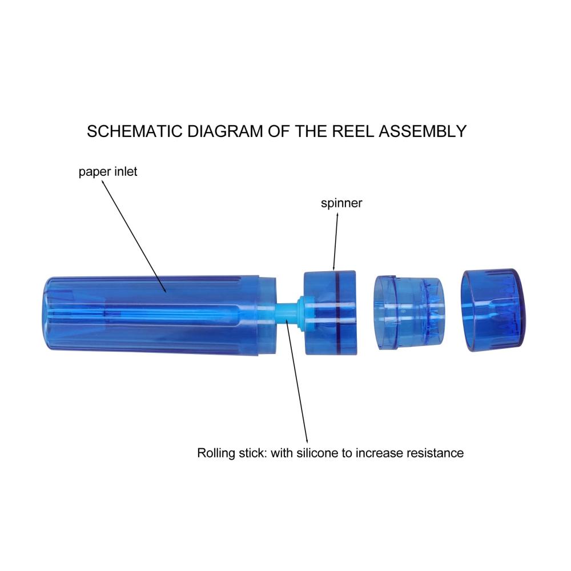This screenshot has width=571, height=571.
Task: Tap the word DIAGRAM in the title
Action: pyautogui.click(x=224, y=131)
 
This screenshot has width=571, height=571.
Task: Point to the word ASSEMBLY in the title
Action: pyautogui.click(x=423, y=131)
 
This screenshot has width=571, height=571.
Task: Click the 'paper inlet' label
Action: pyautogui.click(x=108, y=172)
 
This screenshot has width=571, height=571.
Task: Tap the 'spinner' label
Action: pyautogui.click(x=341, y=203)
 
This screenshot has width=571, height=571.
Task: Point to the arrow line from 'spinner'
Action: pyautogui.click(x=335, y=242)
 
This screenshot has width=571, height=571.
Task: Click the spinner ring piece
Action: pyautogui.click(x=330, y=312)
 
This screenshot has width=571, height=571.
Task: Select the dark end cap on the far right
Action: pyautogui.click(x=493, y=310)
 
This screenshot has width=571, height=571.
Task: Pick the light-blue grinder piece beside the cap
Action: pyautogui.click(x=409, y=312)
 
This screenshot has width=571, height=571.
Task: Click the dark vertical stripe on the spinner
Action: pyautogui.click(x=337, y=312)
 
